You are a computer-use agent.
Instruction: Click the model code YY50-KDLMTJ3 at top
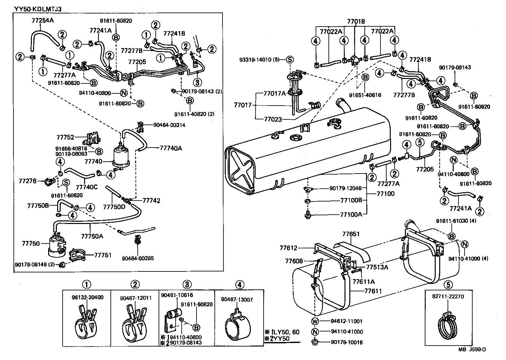(38, 9)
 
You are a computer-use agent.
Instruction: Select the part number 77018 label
(356, 21)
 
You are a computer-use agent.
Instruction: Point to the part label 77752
(65, 137)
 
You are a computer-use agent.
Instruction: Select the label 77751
(103, 255)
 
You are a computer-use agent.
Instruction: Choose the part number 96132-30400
(87, 297)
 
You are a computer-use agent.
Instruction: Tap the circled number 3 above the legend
(187, 284)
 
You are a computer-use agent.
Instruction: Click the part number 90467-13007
(237, 300)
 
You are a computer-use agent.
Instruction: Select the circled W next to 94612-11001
(314, 321)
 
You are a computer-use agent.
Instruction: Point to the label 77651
(351, 234)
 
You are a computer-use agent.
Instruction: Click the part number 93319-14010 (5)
(260, 60)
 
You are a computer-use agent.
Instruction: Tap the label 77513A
(377, 267)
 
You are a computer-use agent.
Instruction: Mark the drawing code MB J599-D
(472, 349)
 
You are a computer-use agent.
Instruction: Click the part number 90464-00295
(138, 258)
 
